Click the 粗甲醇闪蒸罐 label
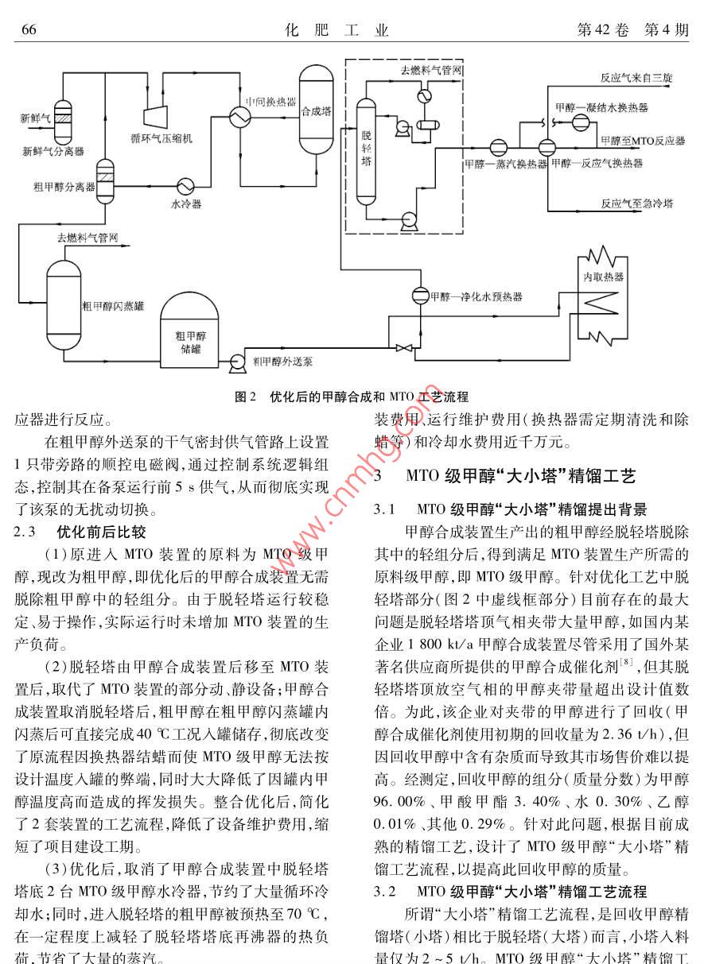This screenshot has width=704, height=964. [113, 305]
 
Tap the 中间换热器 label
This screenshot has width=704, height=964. [270, 103]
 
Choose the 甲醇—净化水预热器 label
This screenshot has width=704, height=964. [476, 296]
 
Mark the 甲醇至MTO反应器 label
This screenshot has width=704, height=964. [643, 141]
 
